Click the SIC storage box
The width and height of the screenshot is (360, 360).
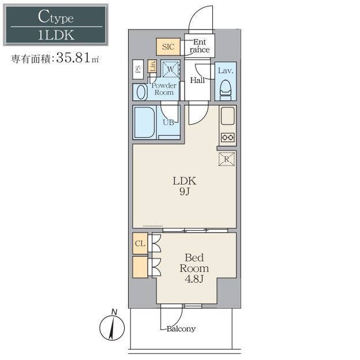168,47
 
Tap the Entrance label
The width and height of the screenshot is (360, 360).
200,46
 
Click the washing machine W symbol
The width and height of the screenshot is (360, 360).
170,69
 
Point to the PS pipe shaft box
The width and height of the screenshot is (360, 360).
138,70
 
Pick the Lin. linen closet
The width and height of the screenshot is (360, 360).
152,66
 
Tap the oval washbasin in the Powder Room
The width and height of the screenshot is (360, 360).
142,92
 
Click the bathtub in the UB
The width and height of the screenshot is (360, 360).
145,122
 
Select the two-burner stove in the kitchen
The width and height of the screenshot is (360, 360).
227,137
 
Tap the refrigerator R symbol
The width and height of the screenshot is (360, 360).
227,159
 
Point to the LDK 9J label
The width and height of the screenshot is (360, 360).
185,186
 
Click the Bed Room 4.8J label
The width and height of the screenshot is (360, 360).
194,268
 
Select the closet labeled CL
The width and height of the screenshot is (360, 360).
140,243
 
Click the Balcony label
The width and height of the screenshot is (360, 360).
181,329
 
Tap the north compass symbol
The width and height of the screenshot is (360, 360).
112,325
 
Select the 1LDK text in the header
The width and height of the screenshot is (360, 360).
56,35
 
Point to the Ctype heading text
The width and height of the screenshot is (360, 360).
56,17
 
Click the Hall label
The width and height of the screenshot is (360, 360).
197,80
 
